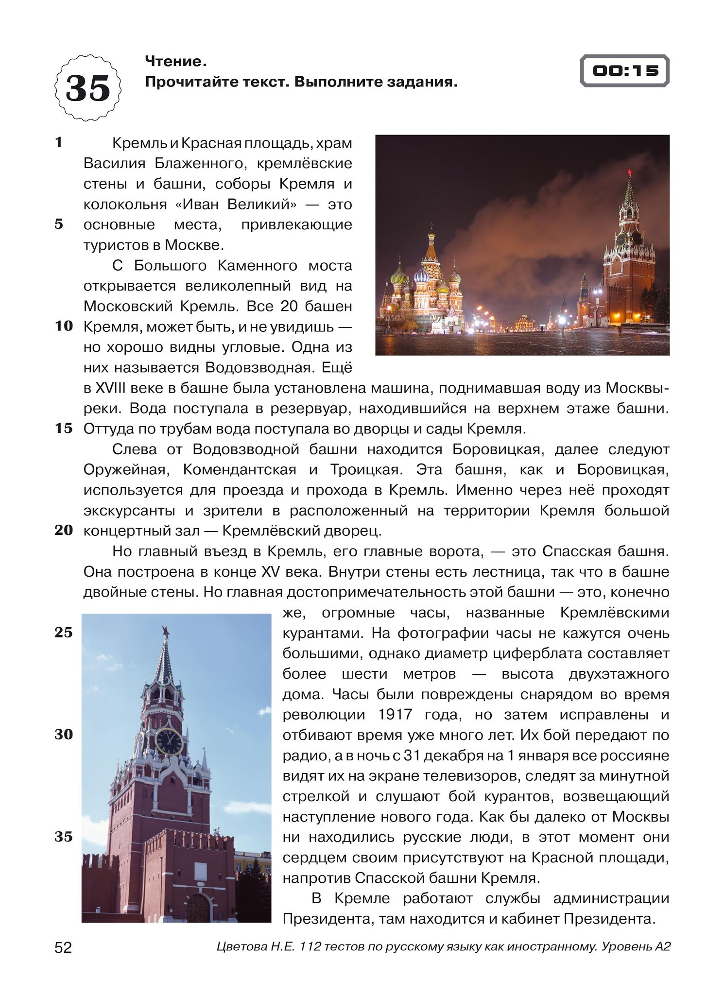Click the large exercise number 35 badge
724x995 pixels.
pyautogui.click(x=88, y=88)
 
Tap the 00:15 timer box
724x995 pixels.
pyautogui.click(x=625, y=71)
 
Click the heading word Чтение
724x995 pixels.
pyautogui.click(x=173, y=61)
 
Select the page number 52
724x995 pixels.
pyautogui.click(x=63, y=947)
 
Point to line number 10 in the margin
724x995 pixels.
pyautogui.click(x=63, y=326)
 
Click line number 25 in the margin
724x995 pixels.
pyautogui.click(x=63, y=632)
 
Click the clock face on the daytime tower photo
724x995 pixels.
pyautogui.click(x=169, y=741)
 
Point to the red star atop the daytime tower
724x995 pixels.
pyautogui.click(x=165, y=631)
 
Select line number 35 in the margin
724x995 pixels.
pyautogui.click(x=63, y=837)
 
